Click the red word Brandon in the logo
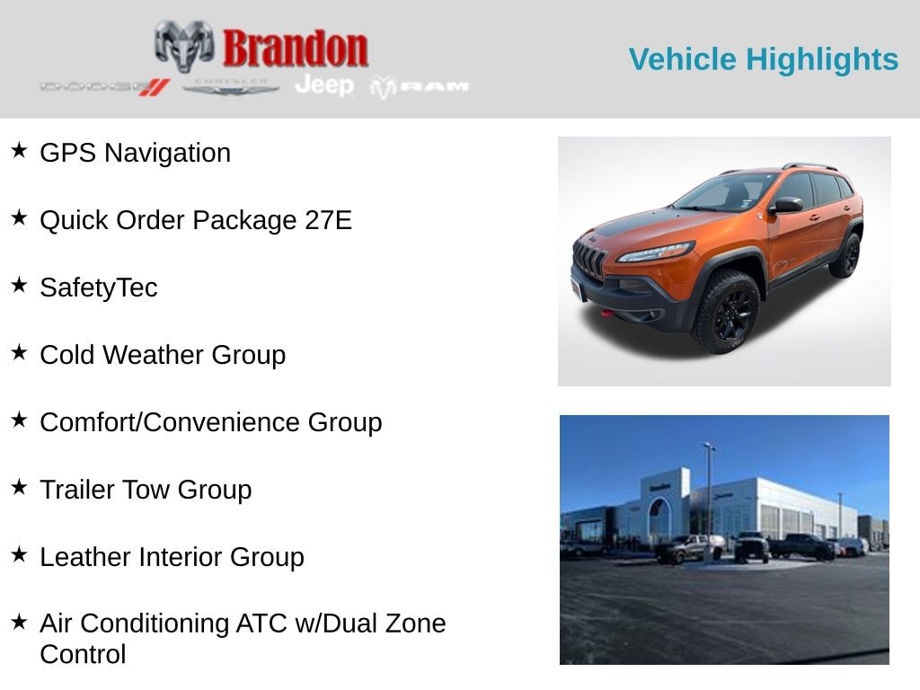pyautogui.click(x=296, y=49)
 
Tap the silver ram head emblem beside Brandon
pyautogui.click(x=183, y=46)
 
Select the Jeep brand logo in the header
pyautogui.click(x=324, y=85)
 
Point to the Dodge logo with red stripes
pyautogui.click(x=105, y=87)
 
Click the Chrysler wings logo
pyautogui.click(x=230, y=87)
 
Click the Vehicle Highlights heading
pyautogui.click(x=764, y=59)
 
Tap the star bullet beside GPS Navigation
pyautogui.click(x=20, y=150)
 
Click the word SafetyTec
pyautogui.click(x=99, y=288)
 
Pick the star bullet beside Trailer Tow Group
pyautogui.click(x=20, y=487)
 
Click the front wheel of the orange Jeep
pyautogui.click(x=727, y=313)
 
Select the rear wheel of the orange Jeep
pyautogui.click(x=847, y=254)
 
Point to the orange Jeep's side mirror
pyautogui.click(x=786, y=205)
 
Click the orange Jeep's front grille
pyautogui.click(x=590, y=256)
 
